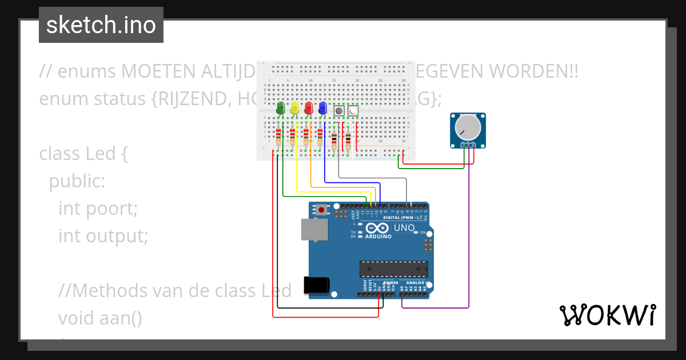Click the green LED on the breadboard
[x=280, y=107]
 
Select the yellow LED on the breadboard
[x=294, y=107]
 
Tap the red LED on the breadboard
[x=309, y=107]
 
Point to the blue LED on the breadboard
[x=322, y=107]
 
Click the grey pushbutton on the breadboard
[x=339, y=111]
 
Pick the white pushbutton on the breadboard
[x=353, y=111]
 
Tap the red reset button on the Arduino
[x=322, y=210]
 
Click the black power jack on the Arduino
[x=318, y=285]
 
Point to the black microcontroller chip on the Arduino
[x=393, y=269]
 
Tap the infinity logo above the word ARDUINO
[x=379, y=227]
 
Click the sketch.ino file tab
[x=101, y=25]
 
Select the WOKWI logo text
[x=607, y=315]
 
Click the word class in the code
[x=59, y=154]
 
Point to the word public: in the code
[x=77, y=182]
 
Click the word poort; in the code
[x=112, y=209]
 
